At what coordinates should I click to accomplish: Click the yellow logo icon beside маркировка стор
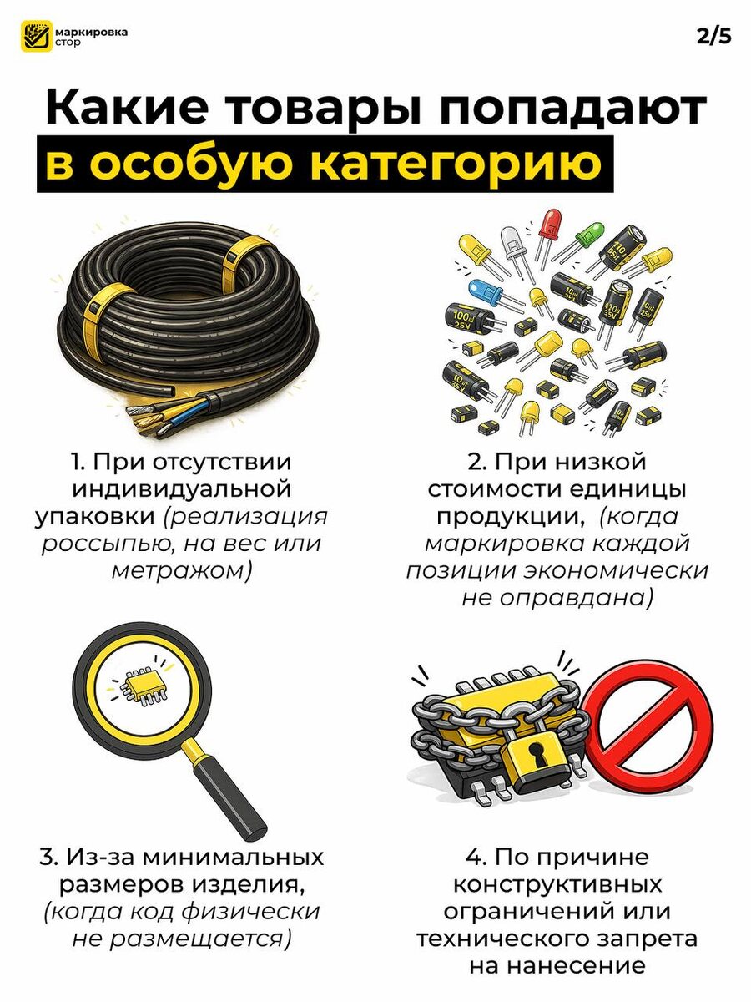tap(37, 37)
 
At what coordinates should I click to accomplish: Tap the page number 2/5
tap(713, 37)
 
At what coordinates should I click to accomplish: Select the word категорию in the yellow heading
tap(455, 164)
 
